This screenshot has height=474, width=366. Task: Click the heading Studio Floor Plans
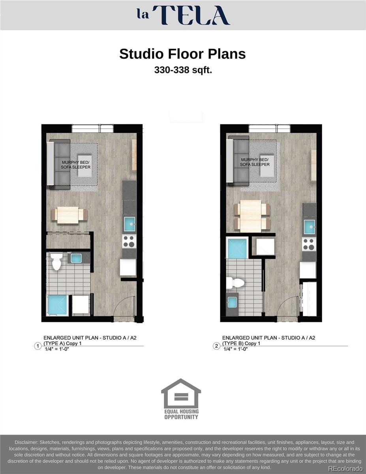point(182,54)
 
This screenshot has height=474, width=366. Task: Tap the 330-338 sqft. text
point(183,70)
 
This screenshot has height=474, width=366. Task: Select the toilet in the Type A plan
point(56,262)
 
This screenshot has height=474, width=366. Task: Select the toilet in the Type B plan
point(236,282)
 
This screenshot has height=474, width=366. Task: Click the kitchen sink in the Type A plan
point(130,224)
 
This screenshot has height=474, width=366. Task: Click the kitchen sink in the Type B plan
point(309,227)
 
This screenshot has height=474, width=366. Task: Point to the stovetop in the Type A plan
point(129,241)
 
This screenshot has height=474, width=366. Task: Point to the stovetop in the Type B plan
point(309,244)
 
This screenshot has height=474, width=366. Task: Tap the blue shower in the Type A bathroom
point(58,305)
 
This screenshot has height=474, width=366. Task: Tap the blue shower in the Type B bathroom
point(237,248)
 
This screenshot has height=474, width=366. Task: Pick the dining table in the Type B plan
point(252,216)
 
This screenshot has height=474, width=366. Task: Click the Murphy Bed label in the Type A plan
point(75,165)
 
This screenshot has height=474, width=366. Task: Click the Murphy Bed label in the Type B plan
point(255,162)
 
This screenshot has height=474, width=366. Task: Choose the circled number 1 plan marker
point(38,346)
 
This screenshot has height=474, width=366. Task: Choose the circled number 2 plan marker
point(216,346)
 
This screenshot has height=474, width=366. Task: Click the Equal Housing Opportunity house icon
point(181,394)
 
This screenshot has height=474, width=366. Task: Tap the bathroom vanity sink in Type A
point(76,258)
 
